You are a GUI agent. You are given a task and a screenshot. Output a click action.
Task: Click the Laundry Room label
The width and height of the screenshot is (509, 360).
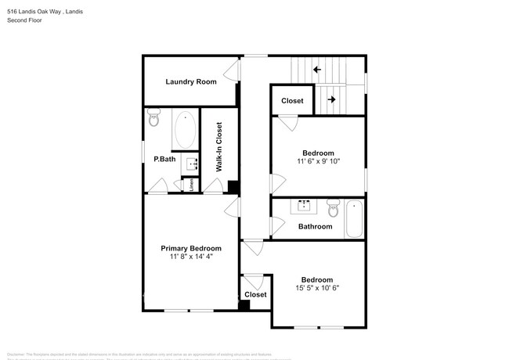pyautogui.click(x=190, y=82)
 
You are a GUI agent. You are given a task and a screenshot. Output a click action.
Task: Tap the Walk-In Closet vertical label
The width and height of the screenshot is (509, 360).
pyautogui.click(x=219, y=147)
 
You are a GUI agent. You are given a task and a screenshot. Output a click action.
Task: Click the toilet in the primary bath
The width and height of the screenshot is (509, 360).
pyautogui.click(x=153, y=119)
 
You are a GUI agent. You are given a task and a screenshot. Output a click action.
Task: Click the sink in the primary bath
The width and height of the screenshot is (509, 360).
pyautogui.click(x=190, y=164)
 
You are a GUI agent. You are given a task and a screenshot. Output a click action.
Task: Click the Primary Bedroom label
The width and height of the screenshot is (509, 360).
pyautogui.click(x=191, y=248)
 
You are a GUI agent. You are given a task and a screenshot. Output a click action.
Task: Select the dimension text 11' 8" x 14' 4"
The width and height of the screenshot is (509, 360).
pyautogui.click(x=191, y=257)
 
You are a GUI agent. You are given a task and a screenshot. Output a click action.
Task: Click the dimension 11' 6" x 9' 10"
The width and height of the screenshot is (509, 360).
pyautogui.click(x=318, y=161)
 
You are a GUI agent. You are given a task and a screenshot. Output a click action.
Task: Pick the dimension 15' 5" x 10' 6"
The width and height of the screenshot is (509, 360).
pyautogui.click(x=317, y=288)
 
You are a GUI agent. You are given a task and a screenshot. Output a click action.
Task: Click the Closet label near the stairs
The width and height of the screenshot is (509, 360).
pyautogui.click(x=292, y=101)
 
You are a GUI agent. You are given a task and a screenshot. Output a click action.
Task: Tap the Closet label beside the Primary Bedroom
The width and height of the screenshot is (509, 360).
pyautogui.click(x=255, y=295)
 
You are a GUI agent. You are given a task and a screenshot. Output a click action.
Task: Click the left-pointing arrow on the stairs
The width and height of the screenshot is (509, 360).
pyautogui.click(x=317, y=70)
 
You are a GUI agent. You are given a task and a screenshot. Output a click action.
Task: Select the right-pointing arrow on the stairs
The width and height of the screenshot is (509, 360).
pyautogui.click(x=331, y=99)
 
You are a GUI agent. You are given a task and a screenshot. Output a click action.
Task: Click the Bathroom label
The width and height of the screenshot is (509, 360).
pyautogui.click(x=315, y=227)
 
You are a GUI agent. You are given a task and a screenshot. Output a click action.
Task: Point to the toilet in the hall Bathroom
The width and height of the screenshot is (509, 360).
pyautogui.click(x=333, y=210)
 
